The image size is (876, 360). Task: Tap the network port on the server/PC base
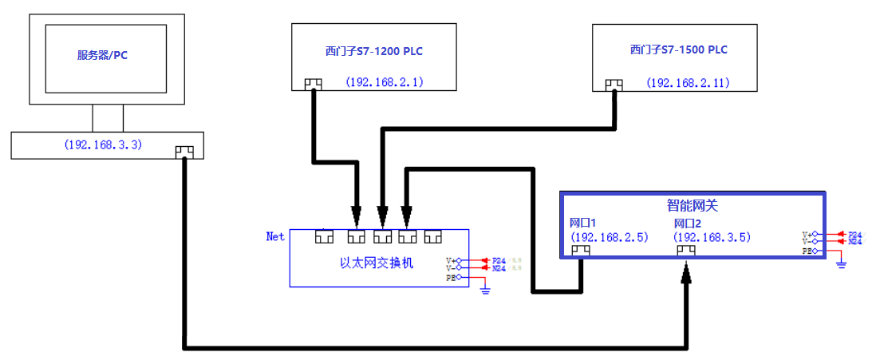pos(184,150)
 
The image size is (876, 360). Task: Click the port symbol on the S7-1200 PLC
pos(313,84)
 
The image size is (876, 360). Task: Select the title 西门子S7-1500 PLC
pos(678,49)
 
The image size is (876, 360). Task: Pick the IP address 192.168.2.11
pos(688,81)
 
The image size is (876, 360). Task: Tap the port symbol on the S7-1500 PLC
pos(614,84)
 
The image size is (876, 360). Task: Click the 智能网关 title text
pos(692,205)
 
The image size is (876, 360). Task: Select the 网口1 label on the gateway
pos(583,223)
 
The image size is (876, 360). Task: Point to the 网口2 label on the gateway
pos(687,223)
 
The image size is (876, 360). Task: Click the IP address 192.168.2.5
pos(610,237)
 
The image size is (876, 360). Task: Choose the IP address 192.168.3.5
pos(712,237)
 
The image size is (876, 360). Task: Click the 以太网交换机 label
pos(377,263)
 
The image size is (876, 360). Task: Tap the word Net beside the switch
pos(275,236)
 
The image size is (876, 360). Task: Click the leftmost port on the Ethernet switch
pos(325,236)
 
